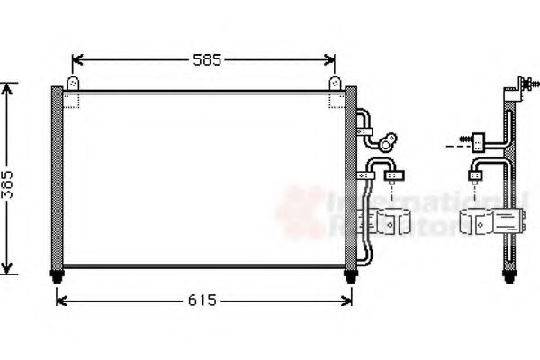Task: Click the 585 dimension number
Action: (206, 61)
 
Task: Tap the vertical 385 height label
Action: (10, 180)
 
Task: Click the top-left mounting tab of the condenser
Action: (73, 83)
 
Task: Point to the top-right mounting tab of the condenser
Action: (335, 83)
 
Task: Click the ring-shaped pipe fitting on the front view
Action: (388, 141)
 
